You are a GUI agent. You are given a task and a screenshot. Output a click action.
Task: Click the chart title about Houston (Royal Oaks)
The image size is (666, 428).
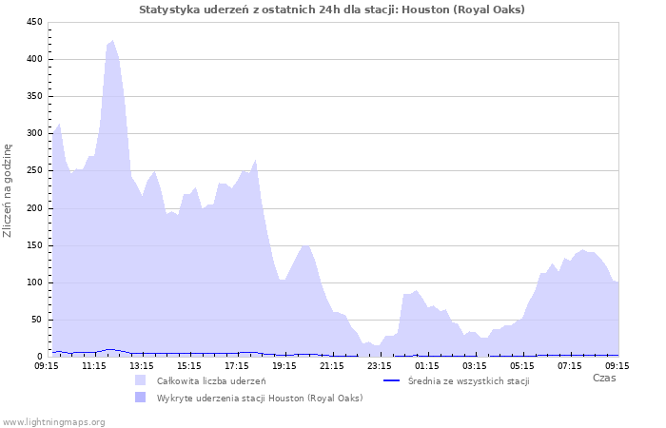(x=332, y=10)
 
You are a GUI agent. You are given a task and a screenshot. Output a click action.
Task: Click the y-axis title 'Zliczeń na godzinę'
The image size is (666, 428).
(x=8, y=190)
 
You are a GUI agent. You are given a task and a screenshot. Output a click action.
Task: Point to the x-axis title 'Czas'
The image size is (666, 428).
(x=603, y=378)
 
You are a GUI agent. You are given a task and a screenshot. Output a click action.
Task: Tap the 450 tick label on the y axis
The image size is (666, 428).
(x=33, y=22)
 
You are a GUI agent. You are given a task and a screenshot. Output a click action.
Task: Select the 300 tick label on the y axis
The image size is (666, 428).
(x=33, y=134)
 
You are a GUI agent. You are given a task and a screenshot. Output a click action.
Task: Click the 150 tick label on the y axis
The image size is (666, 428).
(x=33, y=245)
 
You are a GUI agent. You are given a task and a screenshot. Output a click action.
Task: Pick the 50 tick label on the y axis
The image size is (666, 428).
(x=36, y=320)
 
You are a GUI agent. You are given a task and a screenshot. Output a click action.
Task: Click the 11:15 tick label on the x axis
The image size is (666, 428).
(x=94, y=365)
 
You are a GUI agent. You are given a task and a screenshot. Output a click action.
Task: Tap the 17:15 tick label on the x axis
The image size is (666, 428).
(x=237, y=365)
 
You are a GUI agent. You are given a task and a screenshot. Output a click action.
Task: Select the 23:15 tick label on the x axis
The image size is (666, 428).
(x=380, y=365)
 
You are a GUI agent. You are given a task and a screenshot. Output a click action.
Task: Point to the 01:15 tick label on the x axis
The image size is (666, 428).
(x=427, y=365)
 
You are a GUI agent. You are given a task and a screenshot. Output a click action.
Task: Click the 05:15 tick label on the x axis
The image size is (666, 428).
(x=522, y=365)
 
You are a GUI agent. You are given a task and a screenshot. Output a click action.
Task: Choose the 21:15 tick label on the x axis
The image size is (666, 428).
(x=332, y=365)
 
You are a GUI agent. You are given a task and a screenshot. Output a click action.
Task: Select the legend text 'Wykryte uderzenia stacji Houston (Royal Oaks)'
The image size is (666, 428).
(x=260, y=398)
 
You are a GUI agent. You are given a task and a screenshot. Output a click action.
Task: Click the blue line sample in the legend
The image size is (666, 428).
(x=390, y=380)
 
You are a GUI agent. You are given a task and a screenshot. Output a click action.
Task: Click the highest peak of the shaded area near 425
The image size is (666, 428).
(x=112, y=41)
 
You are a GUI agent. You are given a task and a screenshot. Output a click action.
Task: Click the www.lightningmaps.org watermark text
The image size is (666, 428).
(x=53, y=421)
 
